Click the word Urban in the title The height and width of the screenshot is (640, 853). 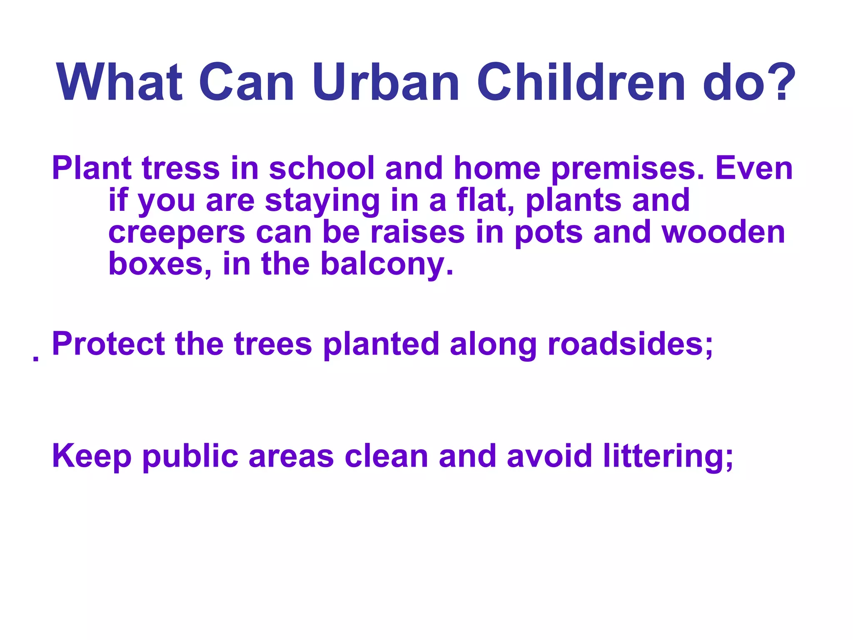(386, 82)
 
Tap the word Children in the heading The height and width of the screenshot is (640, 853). (581, 82)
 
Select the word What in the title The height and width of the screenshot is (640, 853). (120, 82)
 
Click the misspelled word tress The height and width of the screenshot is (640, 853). (181, 168)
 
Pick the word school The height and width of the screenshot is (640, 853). (322, 168)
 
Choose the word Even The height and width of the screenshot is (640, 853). (754, 168)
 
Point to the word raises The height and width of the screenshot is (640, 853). (417, 232)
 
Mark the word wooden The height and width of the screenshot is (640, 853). (723, 232)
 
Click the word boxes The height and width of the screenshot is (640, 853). (160, 264)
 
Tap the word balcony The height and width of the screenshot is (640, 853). (387, 265)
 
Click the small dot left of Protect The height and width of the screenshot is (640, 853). (36, 358)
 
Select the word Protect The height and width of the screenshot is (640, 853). (108, 344)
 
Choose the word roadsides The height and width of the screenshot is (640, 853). (630, 344)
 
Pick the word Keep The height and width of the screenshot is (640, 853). (92, 457)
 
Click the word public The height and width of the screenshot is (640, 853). (190, 457)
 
